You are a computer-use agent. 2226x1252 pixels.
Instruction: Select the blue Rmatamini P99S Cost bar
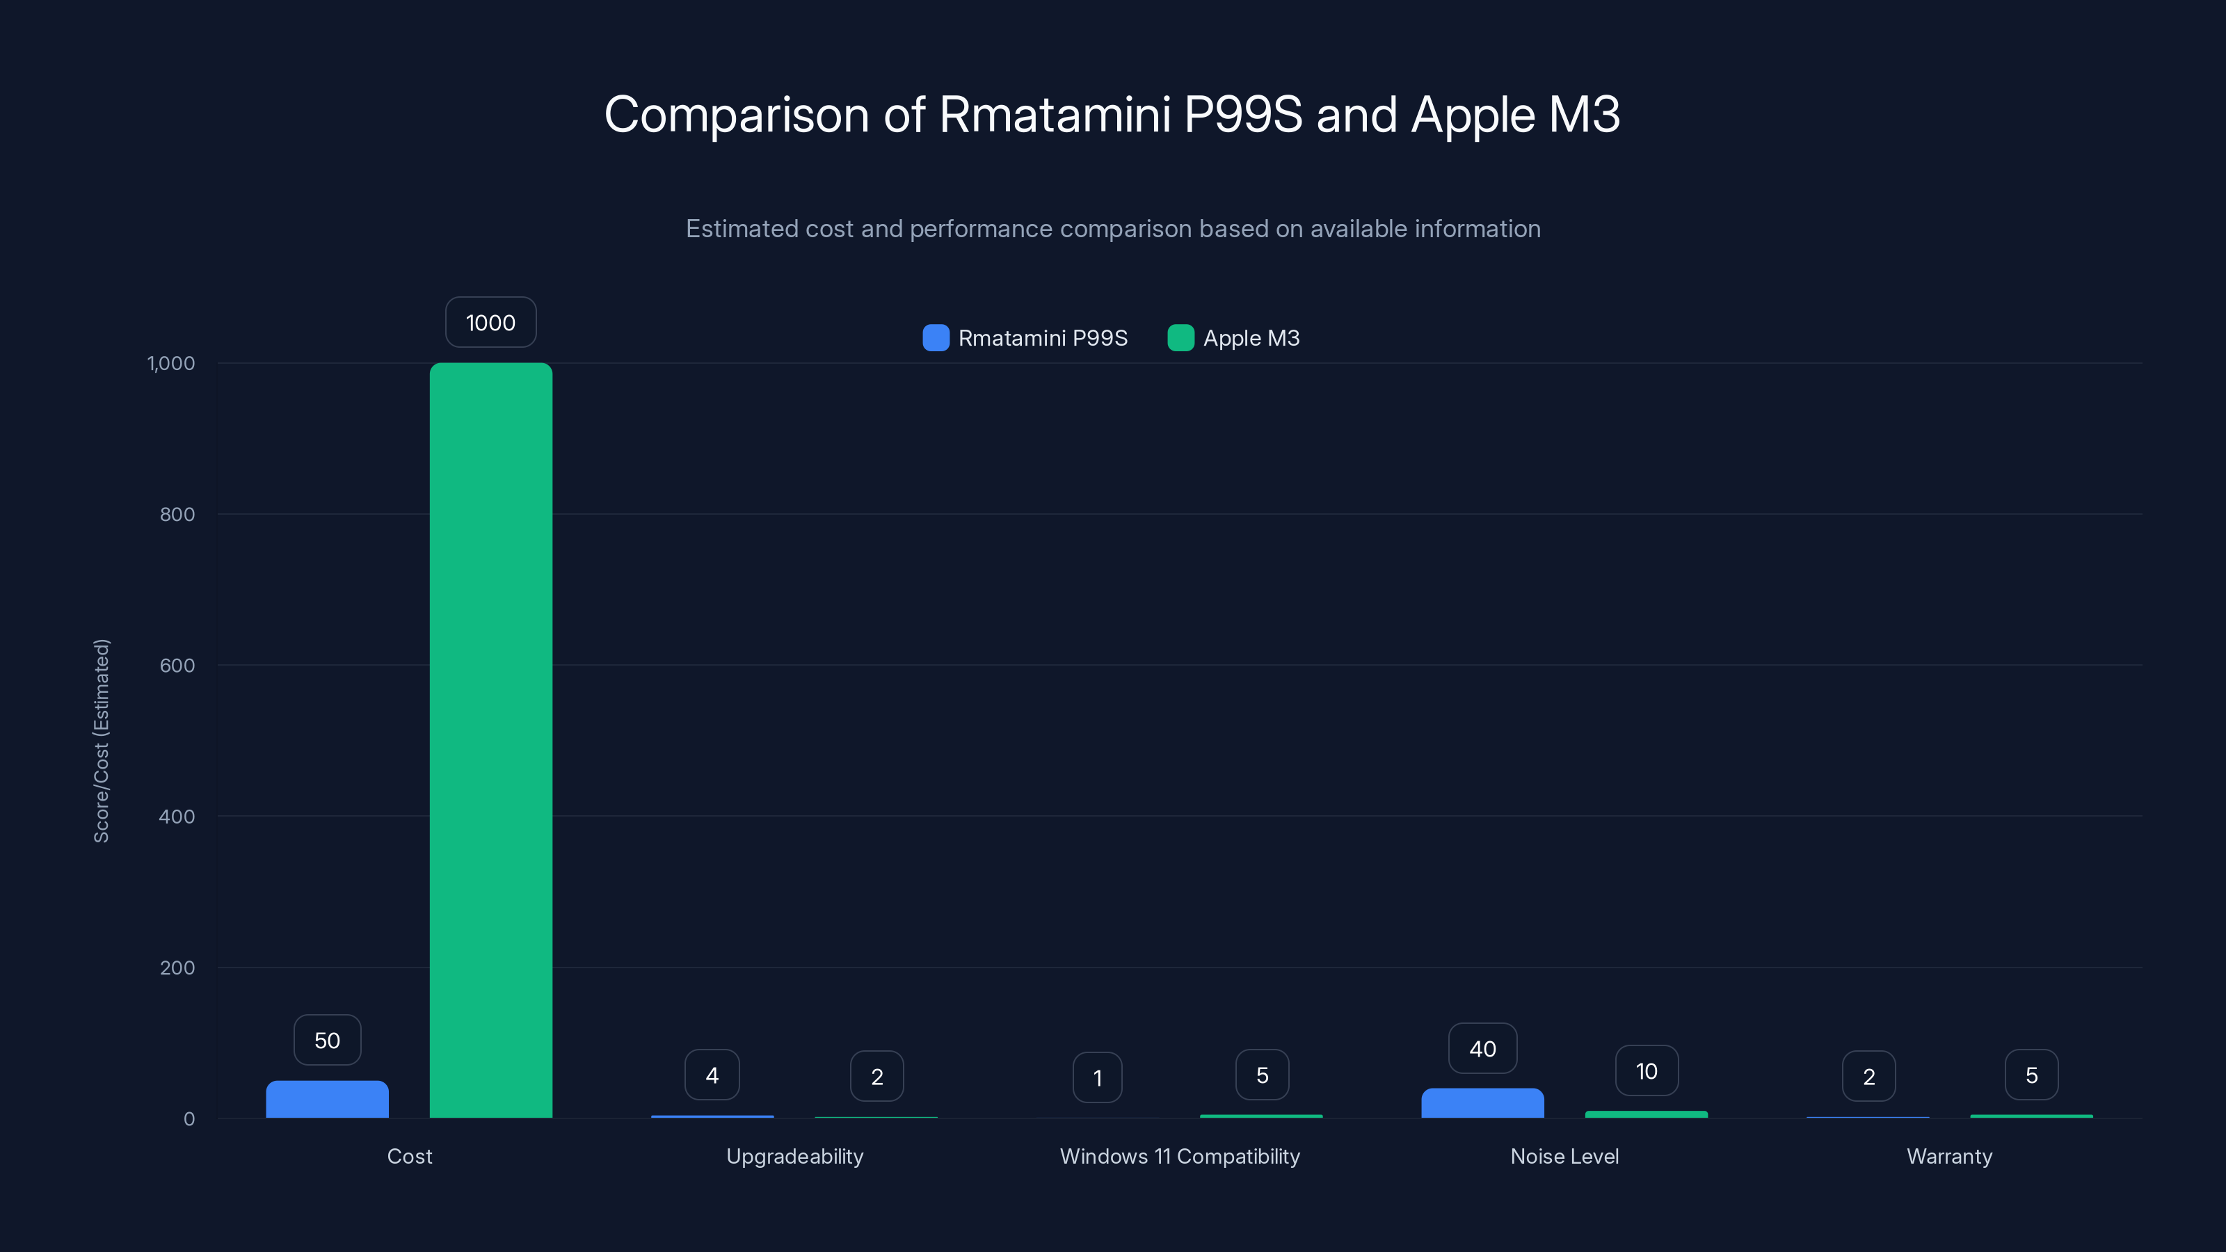click(x=327, y=1099)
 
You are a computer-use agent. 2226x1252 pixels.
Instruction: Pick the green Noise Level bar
click(x=1646, y=1114)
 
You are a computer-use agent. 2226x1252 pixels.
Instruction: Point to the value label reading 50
click(x=327, y=1041)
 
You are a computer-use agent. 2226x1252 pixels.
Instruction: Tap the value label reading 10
click(x=1646, y=1071)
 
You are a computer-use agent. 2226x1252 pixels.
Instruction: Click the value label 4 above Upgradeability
click(x=712, y=1076)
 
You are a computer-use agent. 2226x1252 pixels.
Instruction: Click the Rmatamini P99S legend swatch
click(x=936, y=338)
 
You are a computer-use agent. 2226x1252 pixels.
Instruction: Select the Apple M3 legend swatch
click(x=1180, y=338)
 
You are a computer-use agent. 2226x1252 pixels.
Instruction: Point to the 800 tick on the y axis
click(x=177, y=515)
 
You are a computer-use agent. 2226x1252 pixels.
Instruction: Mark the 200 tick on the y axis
click(x=177, y=968)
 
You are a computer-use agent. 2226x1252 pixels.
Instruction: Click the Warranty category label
click(x=1949, y=1156)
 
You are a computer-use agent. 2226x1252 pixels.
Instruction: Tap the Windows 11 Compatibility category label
click(x=1180, y=1156)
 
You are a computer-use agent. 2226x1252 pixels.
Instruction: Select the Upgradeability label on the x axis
click(x=794, y=1156)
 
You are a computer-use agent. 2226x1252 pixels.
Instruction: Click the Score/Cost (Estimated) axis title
click(x=102, y=741)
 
